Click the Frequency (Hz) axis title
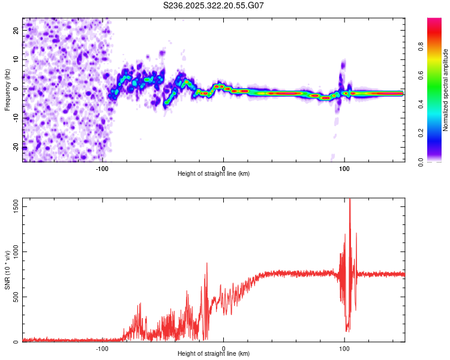7,90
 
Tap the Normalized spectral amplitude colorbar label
446,90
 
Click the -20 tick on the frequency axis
16,147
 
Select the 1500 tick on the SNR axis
13,206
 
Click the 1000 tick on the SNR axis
13,252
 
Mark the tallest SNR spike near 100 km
350,200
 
